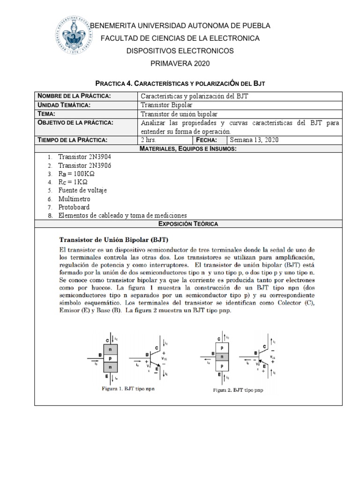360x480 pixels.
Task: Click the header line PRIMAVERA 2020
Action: tap(180, 63)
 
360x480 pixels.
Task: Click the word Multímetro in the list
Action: tap(74, 199)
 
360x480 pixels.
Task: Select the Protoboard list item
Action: tap(74, 207)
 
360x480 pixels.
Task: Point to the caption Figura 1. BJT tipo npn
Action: tap(129, 389)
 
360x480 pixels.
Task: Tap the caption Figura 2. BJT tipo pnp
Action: tap(242, 390)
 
